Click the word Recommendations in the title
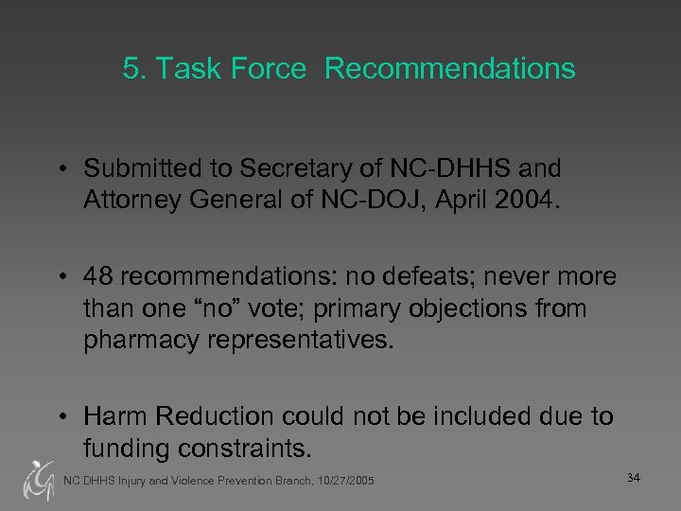(x=451, y=69)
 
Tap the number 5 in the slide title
(x=131, y=69)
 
